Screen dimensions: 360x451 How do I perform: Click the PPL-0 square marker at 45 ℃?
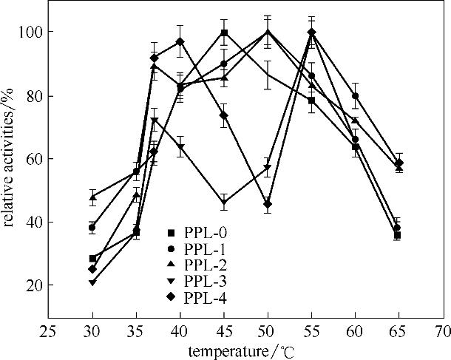[223, 33]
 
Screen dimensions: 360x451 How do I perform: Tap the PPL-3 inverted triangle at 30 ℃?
[92, 282]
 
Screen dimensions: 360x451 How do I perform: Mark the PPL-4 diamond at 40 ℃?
[180, 41]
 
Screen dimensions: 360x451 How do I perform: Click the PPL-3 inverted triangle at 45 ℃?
[223, 202]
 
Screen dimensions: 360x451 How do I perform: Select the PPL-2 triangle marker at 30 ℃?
[92, 197]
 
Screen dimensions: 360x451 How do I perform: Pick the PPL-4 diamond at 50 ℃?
[267, 204]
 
